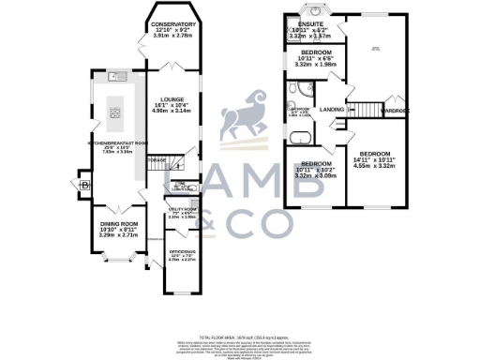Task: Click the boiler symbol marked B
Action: [x=86, y=185]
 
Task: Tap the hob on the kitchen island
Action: [x=116, y=112]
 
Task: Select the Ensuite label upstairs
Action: [x=310, y=24]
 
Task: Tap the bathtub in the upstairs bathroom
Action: [x=301, y=142]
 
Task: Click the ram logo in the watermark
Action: [x=240, y=121]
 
